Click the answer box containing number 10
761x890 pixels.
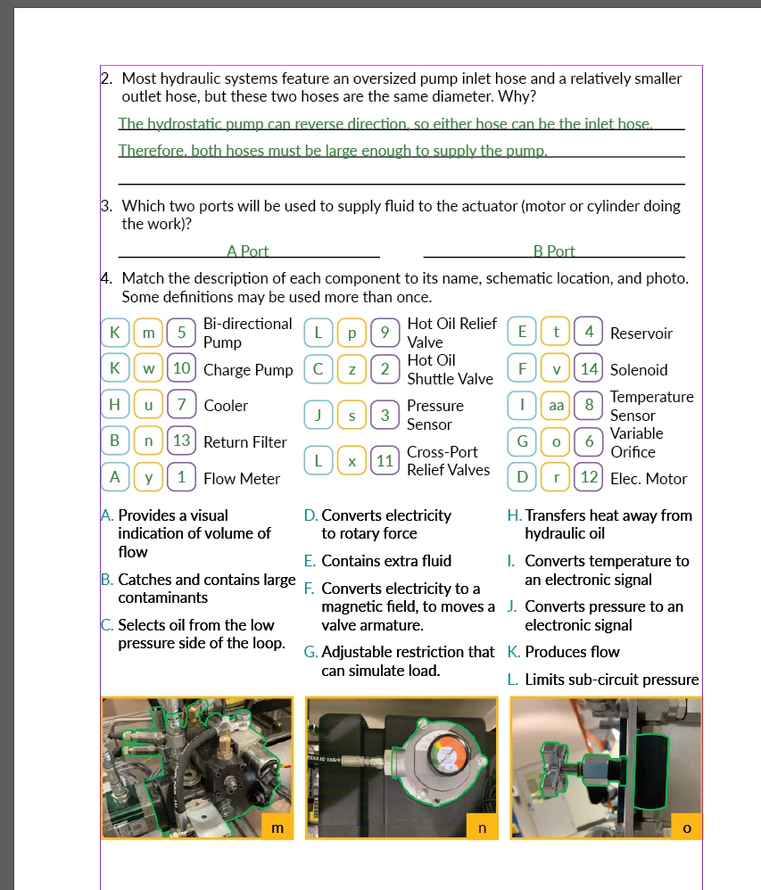pyautogui.click(x=182, y=369)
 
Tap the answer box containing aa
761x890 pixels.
pyautogui.click(x=556, y=406)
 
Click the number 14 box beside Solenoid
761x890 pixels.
pyautogui.click(x=589, y=369)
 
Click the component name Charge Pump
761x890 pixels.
pyautogui.click(x=248, y=370)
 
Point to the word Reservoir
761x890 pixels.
pyautogui.click(x=641, y=334)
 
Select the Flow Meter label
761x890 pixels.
pyautogui.click(x=242, y=479)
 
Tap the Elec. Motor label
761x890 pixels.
pyautogui.click(x=649, y=479)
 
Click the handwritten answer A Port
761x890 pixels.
pyautogui.click(x=248, y=251)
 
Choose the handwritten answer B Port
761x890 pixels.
pyautogui.click(x=554, y=251)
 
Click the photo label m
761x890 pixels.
pyautogui.click(x=277, y=827)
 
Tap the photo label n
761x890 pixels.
pyautogui.click(x=482, y=827)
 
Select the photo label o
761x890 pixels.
pyautogui.click(x=686, y=827)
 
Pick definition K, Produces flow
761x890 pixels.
pyautogui.click(x=563, y=652)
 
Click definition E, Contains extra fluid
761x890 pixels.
pyautogui.click(x=378, y=561)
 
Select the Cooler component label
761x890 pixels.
pyautogui.click(x=226, y=406)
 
